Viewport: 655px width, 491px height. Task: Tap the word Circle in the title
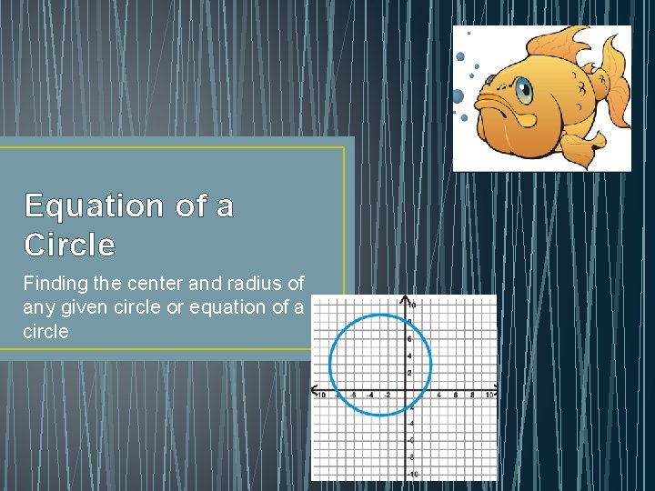[70, 245]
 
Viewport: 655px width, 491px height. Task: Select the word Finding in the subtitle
[54, 284]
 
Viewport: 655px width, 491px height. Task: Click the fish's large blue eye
[524, 89]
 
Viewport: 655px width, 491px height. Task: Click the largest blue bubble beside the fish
[457, 95]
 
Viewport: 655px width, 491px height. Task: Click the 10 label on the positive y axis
[412, 305]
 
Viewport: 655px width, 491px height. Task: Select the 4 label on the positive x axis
[439, 395]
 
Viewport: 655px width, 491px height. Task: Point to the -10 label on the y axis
[411, 474]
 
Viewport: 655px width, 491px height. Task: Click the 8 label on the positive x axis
[472, 395]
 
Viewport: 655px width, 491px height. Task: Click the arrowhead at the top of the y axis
[405, 298]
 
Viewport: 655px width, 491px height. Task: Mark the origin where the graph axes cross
[405, 389]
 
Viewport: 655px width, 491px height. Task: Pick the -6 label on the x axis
[353, 395]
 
